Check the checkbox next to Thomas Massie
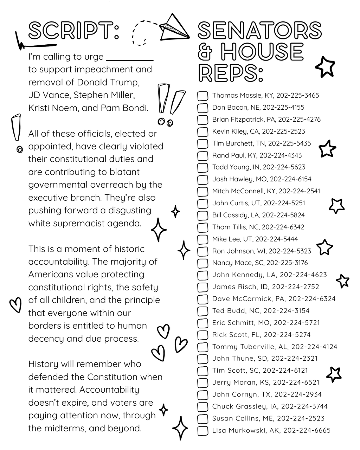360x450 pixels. [x=202, y=96]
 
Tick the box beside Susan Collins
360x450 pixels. [x=202, y=419]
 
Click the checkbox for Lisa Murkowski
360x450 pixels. [x=202, y=431]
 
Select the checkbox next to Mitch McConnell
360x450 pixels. [x=202, y=192]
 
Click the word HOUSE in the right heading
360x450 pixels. [x=262, y=52]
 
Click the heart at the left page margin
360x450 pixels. [x=15, y=304]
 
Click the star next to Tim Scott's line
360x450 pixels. [x=334, y=374]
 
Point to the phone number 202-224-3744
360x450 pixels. [x=304, y=406]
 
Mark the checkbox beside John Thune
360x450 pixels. [x=202, y=359]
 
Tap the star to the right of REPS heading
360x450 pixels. [x=325, y=67]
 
